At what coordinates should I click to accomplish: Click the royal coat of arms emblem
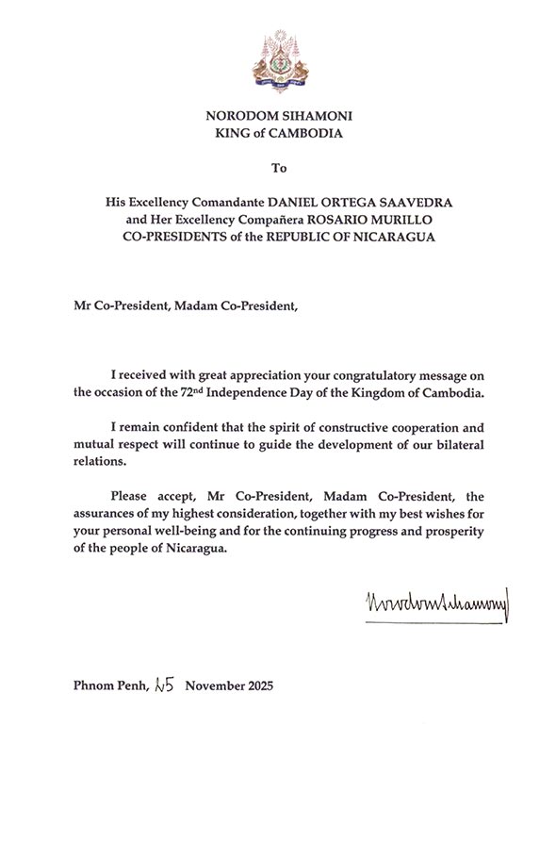278,60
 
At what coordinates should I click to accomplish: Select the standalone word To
278,169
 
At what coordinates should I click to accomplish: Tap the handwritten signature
434,602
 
